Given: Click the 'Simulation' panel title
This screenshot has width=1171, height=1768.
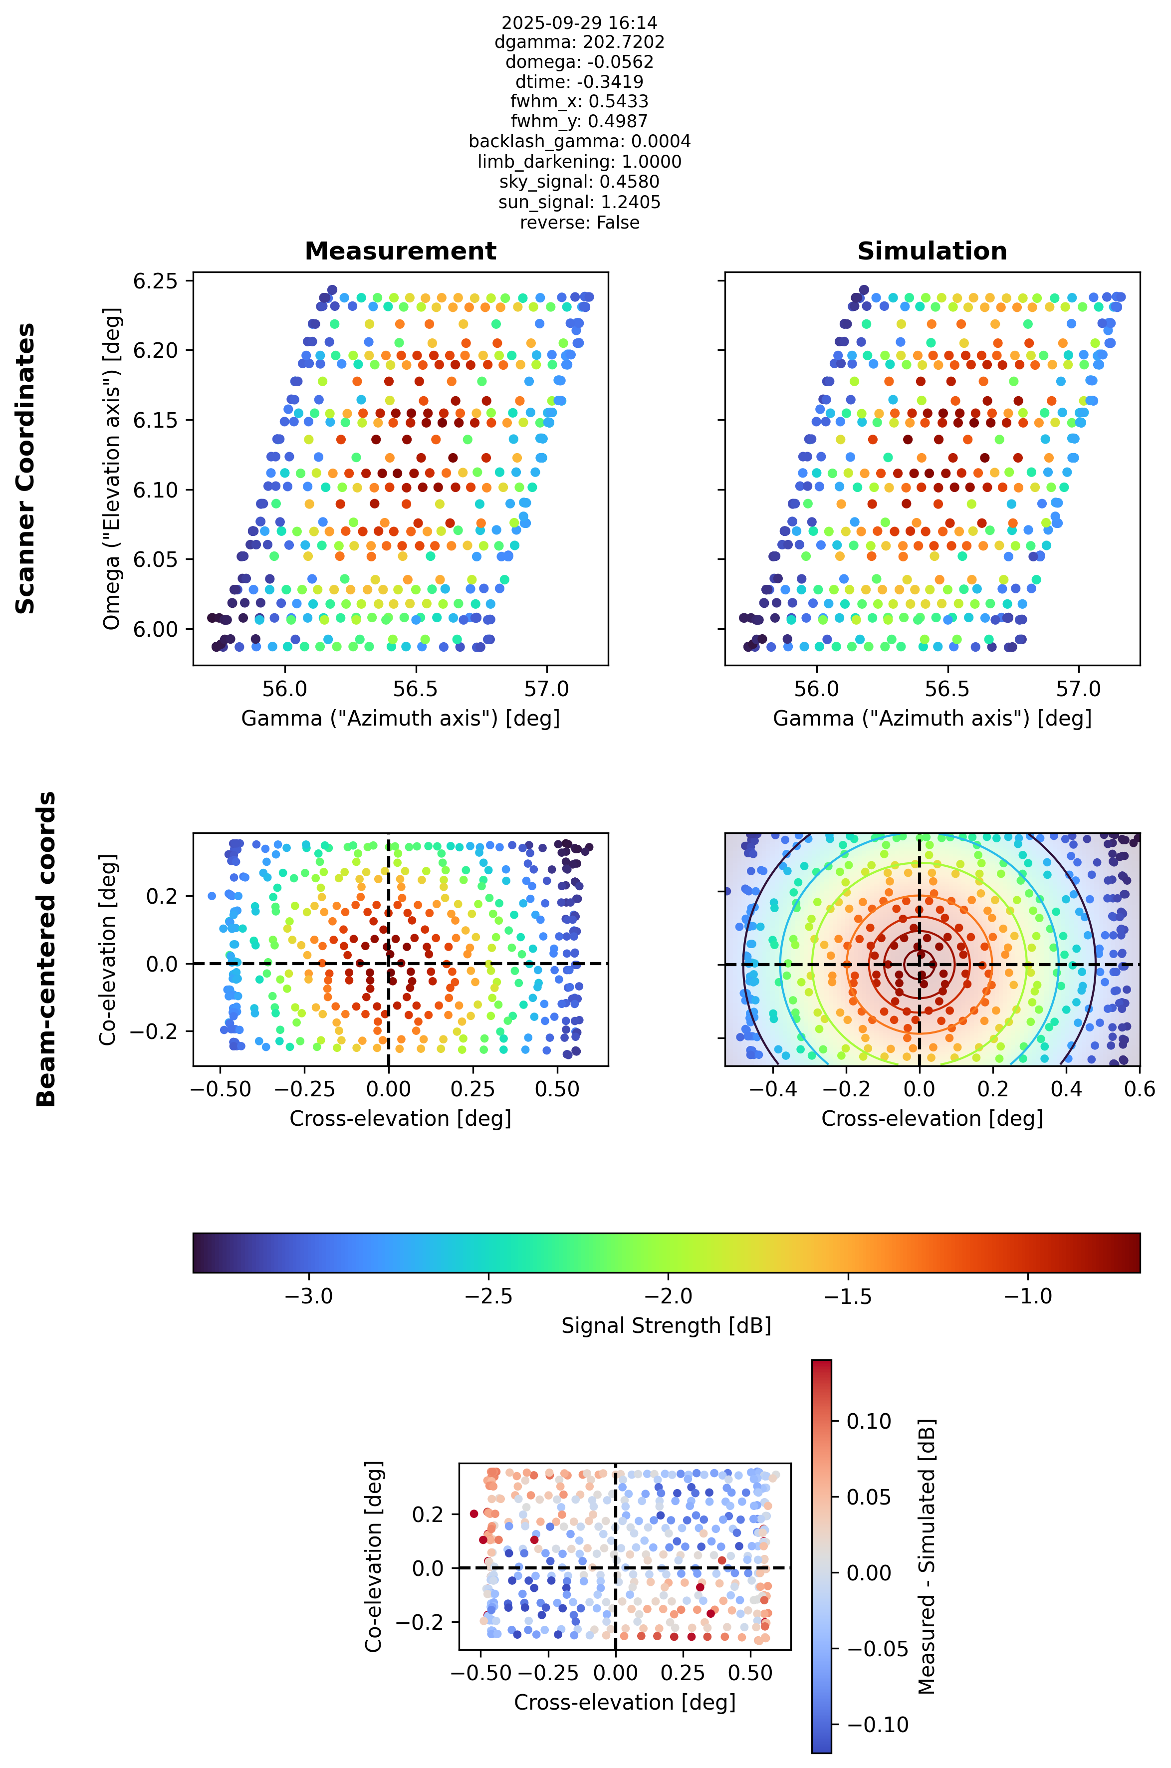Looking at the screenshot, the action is (932, 251).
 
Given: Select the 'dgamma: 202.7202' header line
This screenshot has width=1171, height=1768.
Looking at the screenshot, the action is (580, 42).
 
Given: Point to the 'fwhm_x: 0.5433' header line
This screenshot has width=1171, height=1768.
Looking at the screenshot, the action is (580, 102).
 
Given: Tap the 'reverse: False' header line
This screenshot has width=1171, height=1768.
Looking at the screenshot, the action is (580, 223).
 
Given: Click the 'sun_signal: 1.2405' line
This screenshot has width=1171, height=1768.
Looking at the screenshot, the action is (580, 203).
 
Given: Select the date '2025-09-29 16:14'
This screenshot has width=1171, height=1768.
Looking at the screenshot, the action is (580, 22).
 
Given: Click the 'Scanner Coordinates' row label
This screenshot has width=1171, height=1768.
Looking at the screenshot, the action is (25, 469).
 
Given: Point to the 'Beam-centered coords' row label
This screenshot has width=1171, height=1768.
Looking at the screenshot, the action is (46, 949).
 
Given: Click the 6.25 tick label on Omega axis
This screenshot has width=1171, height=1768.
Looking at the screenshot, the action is (155, 281).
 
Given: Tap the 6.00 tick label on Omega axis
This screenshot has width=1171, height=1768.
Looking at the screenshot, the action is (155, 629).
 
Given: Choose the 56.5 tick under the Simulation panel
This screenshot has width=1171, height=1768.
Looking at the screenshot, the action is (947, 689).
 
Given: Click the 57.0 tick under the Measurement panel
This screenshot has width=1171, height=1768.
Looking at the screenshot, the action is (547, 689).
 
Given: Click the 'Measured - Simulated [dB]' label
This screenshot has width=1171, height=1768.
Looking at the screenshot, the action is (926, 1556).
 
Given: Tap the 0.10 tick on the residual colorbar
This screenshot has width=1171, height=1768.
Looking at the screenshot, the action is (869, 1421).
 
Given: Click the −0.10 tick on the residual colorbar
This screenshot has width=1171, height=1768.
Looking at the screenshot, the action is (878, 1725).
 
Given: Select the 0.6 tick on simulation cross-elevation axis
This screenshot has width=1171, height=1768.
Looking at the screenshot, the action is (1140, 1088).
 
